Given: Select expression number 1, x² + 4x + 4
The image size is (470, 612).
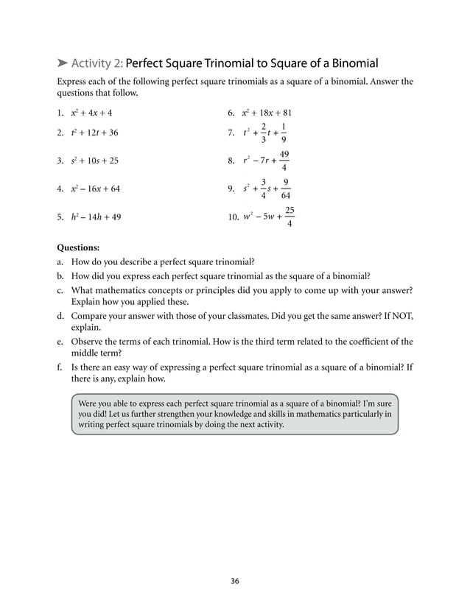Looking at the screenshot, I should [x=91, y=113].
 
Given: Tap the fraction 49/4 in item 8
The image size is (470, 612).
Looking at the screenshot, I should [x=284, y=160].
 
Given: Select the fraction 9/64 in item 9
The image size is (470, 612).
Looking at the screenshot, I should [x=286, y=188].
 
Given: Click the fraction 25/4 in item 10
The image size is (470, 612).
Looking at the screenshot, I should [x=290, y=217].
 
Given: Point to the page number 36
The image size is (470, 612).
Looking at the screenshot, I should [x=234, y=581].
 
